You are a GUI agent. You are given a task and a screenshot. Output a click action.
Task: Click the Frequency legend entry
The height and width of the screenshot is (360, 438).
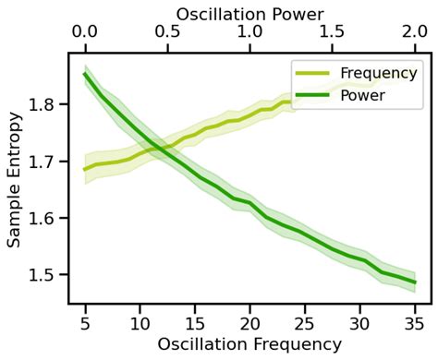click(x=377, y=73)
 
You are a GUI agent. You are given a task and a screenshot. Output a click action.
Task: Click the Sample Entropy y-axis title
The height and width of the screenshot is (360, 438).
click(x=15, y=179)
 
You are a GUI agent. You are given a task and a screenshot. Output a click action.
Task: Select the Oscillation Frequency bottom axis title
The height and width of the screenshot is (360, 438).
click(x=249, y=344)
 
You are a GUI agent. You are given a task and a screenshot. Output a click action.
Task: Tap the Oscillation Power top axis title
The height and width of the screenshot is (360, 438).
click(x=249, y=14)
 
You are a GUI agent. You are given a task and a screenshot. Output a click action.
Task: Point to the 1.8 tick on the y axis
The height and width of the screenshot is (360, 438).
click(x=43, y=104)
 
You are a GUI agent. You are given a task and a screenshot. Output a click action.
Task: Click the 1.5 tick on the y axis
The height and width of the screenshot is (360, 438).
click(x=43, y=275)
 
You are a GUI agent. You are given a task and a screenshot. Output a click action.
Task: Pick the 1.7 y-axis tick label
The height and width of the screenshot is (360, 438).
click(x=43, y=162)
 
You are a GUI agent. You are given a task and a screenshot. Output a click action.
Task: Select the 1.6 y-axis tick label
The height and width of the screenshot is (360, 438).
click(x=43, y=218)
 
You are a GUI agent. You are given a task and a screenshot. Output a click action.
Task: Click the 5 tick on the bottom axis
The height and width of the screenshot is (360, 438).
click(x=85, y=322)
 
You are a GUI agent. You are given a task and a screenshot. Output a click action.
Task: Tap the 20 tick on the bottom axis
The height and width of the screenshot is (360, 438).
click(x=249, y=322)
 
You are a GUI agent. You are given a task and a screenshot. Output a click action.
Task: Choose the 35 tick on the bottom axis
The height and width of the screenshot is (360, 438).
click(x=415, y=322)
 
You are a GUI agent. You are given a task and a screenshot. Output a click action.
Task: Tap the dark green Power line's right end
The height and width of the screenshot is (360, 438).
click(x=415, y=282)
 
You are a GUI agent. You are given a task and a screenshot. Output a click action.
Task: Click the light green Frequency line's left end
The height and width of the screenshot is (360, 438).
click(x=85, y=169)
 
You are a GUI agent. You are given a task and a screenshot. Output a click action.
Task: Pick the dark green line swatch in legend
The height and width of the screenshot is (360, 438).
click(x=312, y=95)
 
